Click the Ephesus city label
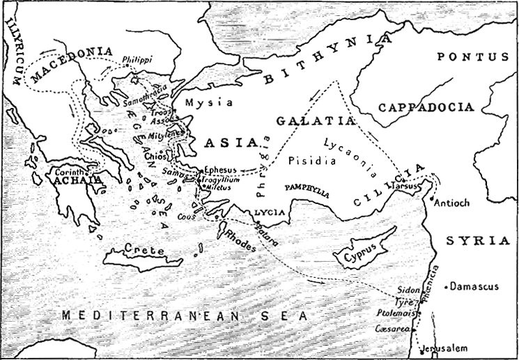point(222,169)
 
